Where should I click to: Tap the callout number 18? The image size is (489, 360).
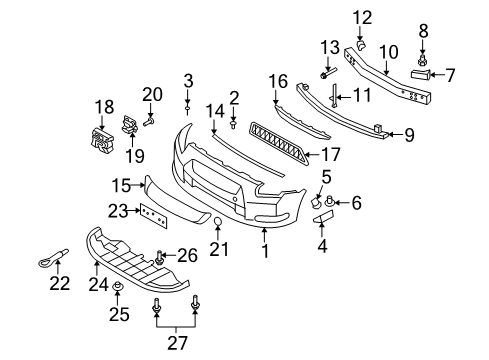104,106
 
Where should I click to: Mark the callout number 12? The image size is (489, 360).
362,16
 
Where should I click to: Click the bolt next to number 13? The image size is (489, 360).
327,75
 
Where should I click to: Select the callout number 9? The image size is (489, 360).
410,133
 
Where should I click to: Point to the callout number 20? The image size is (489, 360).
151,94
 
